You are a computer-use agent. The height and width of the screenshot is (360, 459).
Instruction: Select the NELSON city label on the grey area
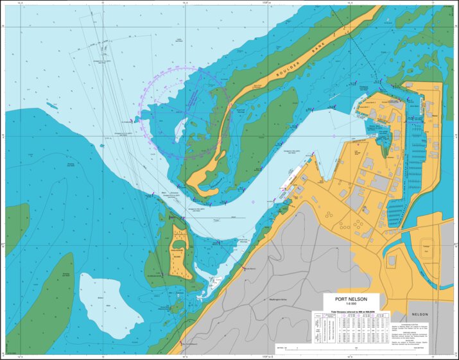tap(420, 316)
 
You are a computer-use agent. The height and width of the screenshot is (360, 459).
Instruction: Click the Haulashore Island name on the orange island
tap(178, 252)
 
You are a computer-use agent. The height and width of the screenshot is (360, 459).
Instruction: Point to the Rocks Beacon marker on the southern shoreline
tap(245, 270)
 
